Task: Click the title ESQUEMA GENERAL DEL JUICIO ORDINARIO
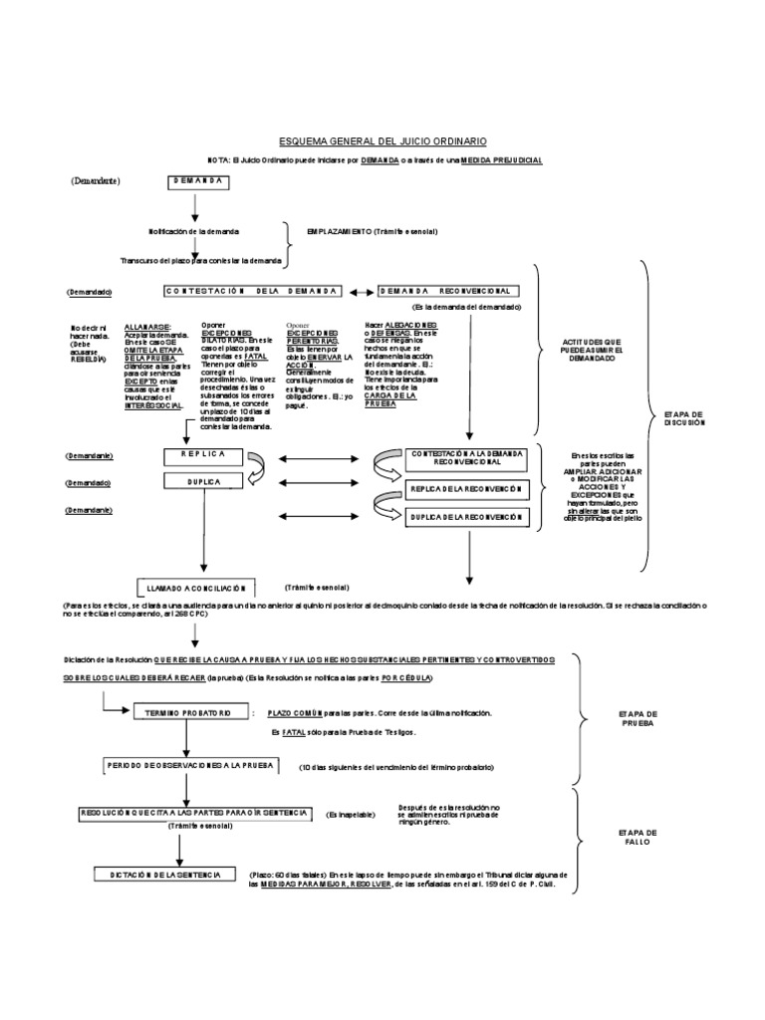pos(383,142)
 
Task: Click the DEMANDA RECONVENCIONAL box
pos(448,291)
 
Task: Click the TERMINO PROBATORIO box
pos(181,713)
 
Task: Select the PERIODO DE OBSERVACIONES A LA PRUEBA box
pos(197,766)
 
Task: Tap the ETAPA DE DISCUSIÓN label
pos(685,416)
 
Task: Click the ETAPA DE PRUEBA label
pos(637,719)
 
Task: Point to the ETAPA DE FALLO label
pos(637,837)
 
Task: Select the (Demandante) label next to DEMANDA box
pos(95,182)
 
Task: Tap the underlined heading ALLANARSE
pos(147,326)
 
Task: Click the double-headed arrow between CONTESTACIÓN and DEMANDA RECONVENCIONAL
pos(359,291)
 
